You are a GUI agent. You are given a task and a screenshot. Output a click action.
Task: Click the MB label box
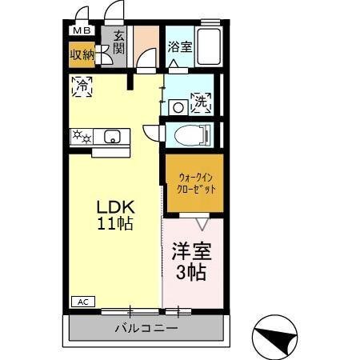pos(82,30)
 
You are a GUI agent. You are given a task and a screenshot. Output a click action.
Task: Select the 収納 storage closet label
pos(81,55)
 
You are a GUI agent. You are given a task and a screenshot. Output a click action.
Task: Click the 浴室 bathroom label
pos(179,47)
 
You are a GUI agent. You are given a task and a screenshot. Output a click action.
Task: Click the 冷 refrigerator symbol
pos(81,86)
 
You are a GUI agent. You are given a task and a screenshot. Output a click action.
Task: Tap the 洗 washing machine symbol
pos(200,102)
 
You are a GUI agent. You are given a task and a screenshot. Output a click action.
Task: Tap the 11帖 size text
pos(115,223)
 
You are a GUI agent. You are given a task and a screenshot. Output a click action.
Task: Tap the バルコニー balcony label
pos(145,328)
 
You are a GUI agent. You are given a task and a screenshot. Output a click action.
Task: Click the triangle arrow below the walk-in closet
pos(202,223)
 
